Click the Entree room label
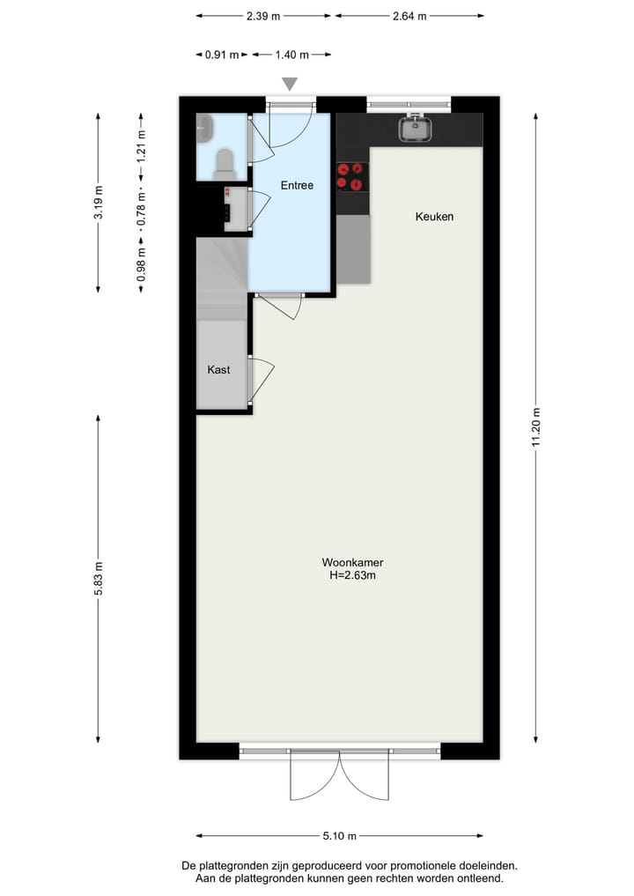297,185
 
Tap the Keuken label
434,216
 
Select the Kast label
218,370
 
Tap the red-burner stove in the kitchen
350,177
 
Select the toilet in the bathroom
225,162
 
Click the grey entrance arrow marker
290,85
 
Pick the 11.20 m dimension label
535,427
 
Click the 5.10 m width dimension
339,836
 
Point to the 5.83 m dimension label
99,578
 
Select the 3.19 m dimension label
99,204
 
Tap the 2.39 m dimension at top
263,16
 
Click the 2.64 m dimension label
409,16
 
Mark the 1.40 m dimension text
291,55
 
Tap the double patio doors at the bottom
339,775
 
